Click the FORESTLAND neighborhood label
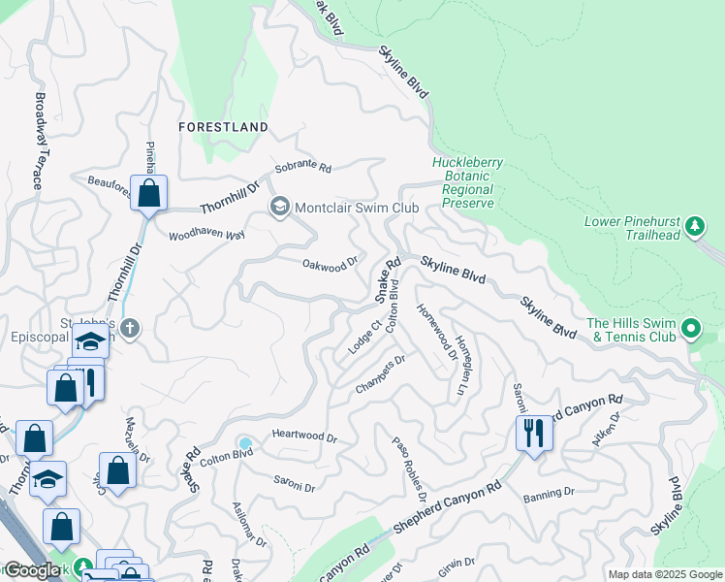click(223, 127)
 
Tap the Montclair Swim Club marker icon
click(280, 207)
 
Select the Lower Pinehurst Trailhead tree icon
click(694, 227)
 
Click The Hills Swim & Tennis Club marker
click(690, 329)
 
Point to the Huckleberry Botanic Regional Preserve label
click(463, 182)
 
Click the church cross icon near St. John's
click(131, 329)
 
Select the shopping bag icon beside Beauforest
click(148, 192)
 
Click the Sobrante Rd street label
click(302, 168)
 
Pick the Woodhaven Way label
click(205, 235)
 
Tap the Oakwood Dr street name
click(331, 265)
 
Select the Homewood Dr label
click(436, 331)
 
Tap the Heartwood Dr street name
click(304, 437)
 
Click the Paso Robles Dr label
click(410, 468)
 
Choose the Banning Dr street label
click(549, 495)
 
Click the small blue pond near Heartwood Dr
click(245, 444)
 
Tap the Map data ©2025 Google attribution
click(665, 574)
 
